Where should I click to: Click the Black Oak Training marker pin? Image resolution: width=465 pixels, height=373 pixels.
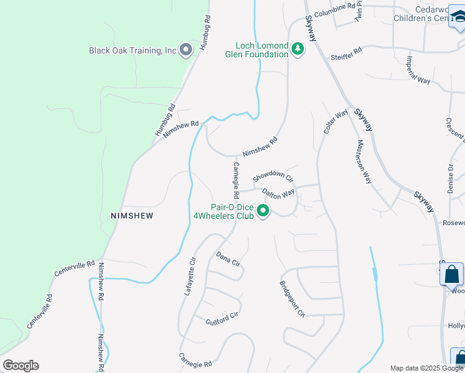point(185,50)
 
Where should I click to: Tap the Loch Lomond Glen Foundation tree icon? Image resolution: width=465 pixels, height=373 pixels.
point(298,49)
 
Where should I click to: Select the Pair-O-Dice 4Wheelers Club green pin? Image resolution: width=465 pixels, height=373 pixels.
point(263,212)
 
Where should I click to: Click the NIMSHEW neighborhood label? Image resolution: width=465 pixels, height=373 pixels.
point(131,216)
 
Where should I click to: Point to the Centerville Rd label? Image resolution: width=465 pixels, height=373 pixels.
point(74,268)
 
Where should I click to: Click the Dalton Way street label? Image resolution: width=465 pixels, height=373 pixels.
point(278,193)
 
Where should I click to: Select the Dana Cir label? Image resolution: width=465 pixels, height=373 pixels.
point(228,258)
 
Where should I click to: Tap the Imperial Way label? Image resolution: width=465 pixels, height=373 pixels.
point(418,71)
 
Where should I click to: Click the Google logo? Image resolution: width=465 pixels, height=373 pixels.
point(21,366)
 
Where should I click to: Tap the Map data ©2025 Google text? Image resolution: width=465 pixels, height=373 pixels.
point(427,368)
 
